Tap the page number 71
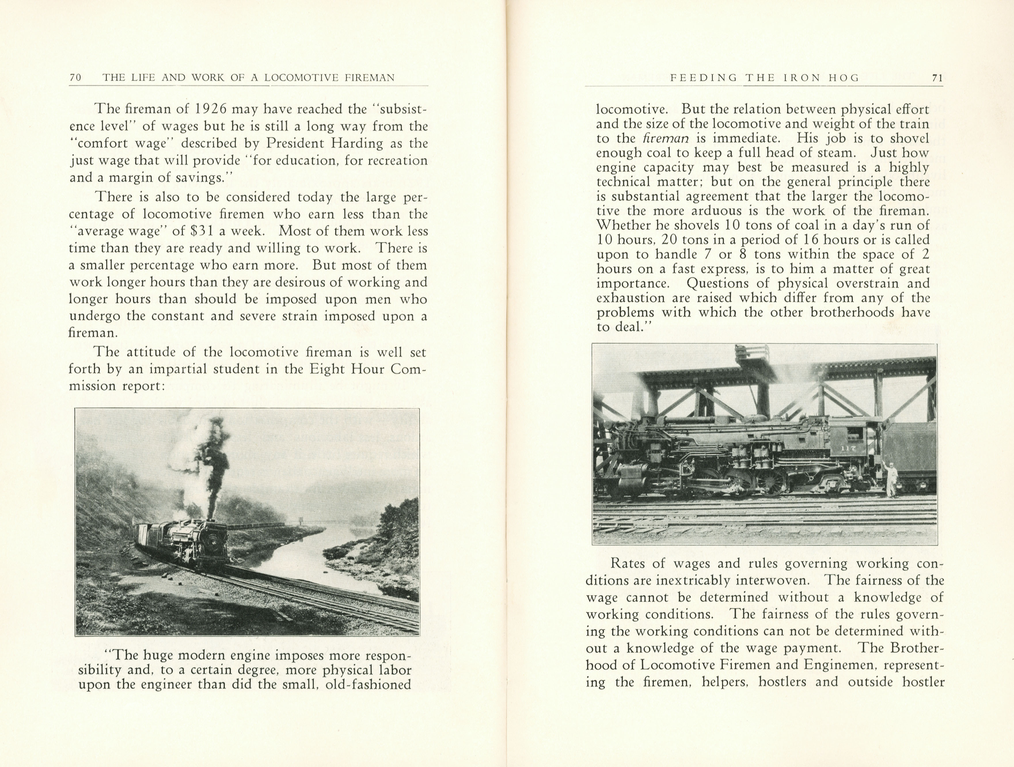(x=937, y=78)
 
